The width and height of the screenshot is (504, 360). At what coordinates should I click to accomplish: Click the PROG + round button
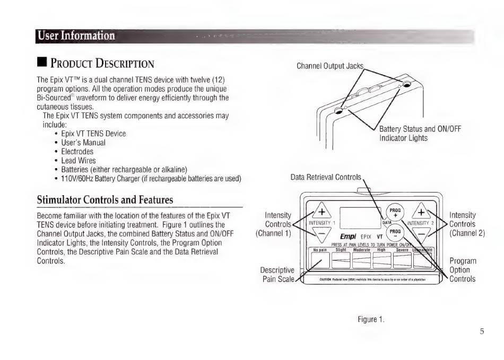coord(395,212)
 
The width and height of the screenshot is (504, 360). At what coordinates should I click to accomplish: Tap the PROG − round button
coord(395,233)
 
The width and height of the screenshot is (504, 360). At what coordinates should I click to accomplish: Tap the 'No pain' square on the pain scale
coord(320,260)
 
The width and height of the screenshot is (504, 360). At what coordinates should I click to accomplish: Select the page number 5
coord(482,332)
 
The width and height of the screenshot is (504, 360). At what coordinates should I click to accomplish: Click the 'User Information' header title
coord(76,36)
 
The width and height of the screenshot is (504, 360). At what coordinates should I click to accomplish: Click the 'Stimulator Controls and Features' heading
coord(105,200)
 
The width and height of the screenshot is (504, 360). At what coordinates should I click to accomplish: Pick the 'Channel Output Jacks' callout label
coord(330,66)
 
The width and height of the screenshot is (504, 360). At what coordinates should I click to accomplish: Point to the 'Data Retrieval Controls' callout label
coord(326,177)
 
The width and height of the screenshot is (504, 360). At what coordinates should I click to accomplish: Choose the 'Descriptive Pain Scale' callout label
coord(277,275)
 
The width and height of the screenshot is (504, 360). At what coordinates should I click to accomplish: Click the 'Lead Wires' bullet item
coord(79,160)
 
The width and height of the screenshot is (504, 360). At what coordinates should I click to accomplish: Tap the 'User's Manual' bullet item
coord(83,142)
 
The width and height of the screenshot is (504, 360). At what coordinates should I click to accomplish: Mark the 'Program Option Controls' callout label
coord(463,270)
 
